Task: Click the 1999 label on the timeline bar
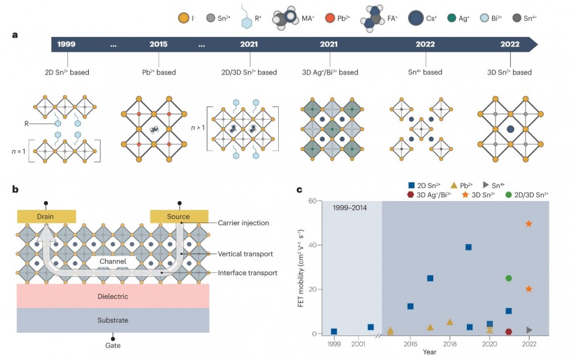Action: click(67, 44)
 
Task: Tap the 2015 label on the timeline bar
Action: click(158, 44)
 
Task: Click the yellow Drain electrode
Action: click(46, 216)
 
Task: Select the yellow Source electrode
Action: click(178, 216)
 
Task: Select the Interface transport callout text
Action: click(247, 273)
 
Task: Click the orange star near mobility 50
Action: click(529, 224)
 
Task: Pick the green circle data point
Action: click(508, 279)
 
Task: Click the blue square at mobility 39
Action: click(469, 247)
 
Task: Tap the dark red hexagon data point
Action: click(508, 332)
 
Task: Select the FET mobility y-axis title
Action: click(302, 267)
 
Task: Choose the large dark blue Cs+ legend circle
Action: click(416, 18)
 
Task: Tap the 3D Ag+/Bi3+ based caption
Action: click(330, 72)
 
